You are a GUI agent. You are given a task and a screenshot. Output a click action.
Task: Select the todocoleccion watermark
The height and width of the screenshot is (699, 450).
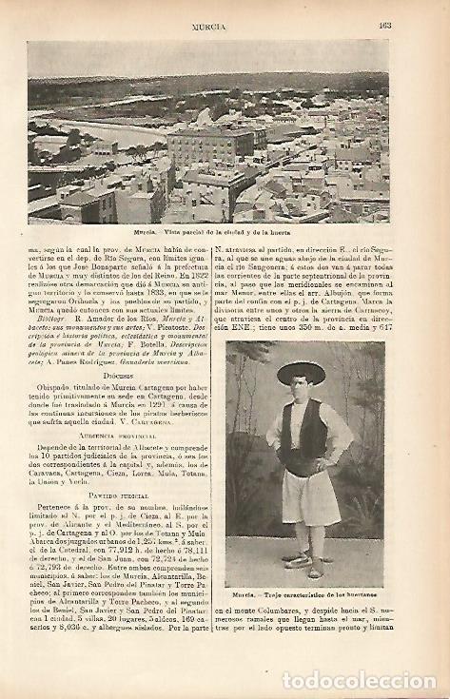pos(359,680)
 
